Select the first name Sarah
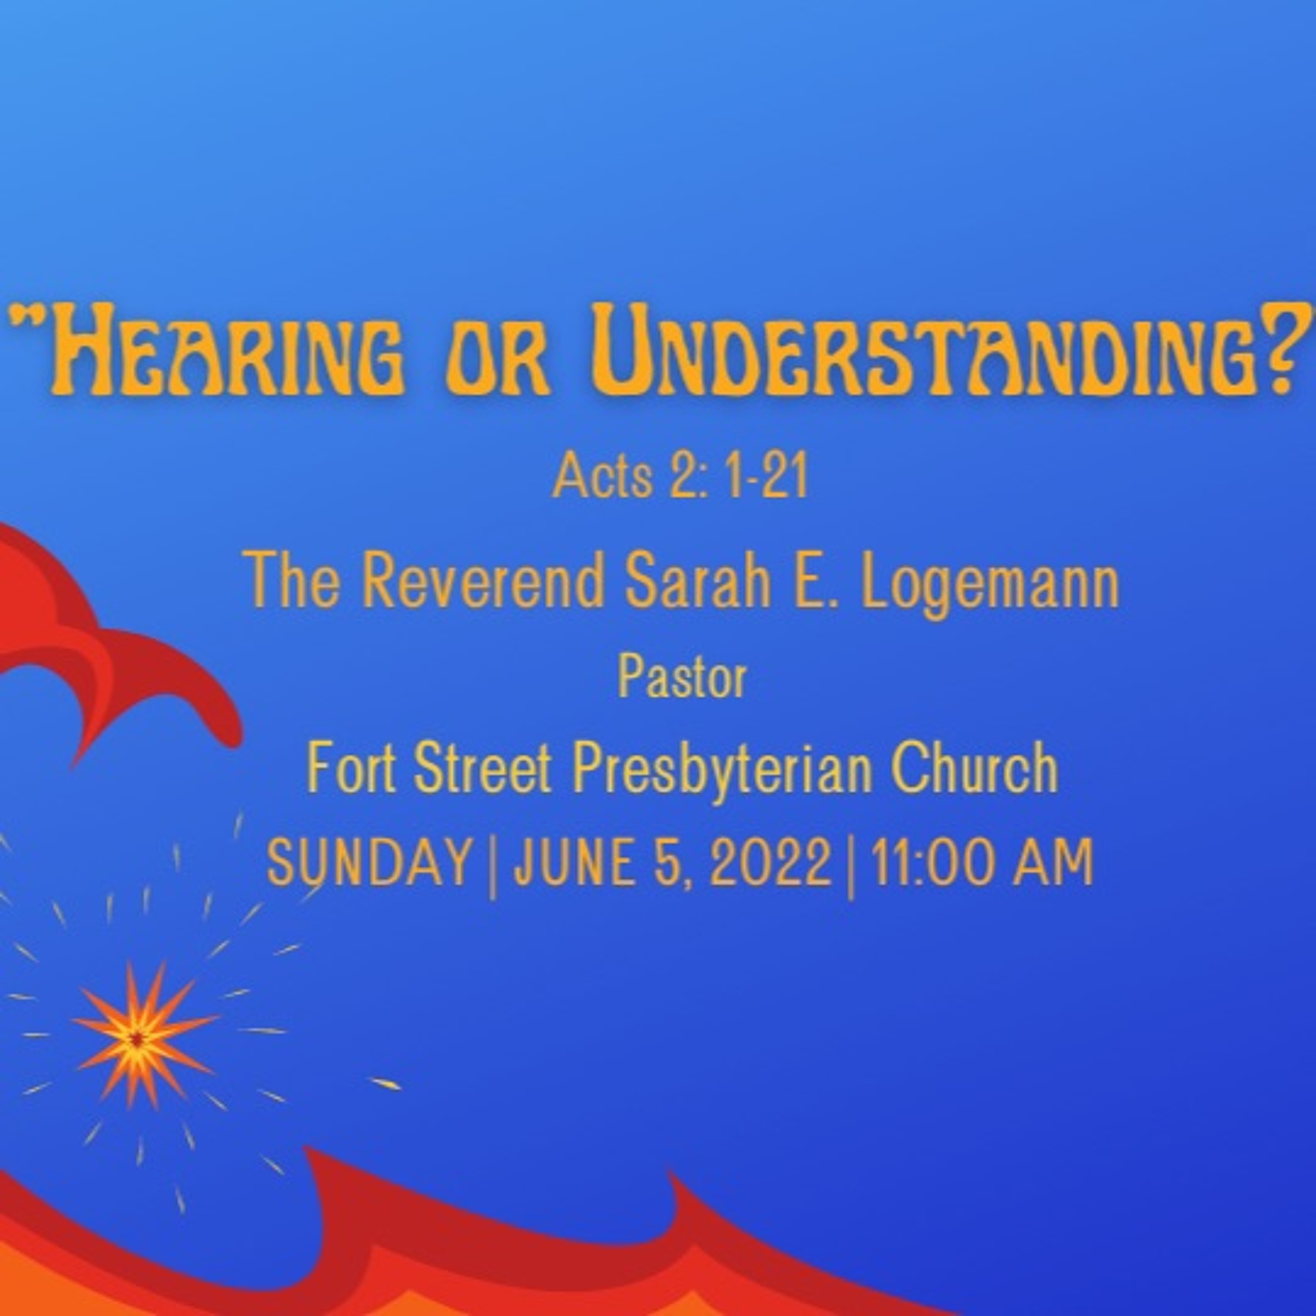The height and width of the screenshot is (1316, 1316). (697, 581)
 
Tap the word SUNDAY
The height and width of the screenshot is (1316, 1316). (369, 862)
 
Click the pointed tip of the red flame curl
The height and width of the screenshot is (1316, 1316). (74, 769)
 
